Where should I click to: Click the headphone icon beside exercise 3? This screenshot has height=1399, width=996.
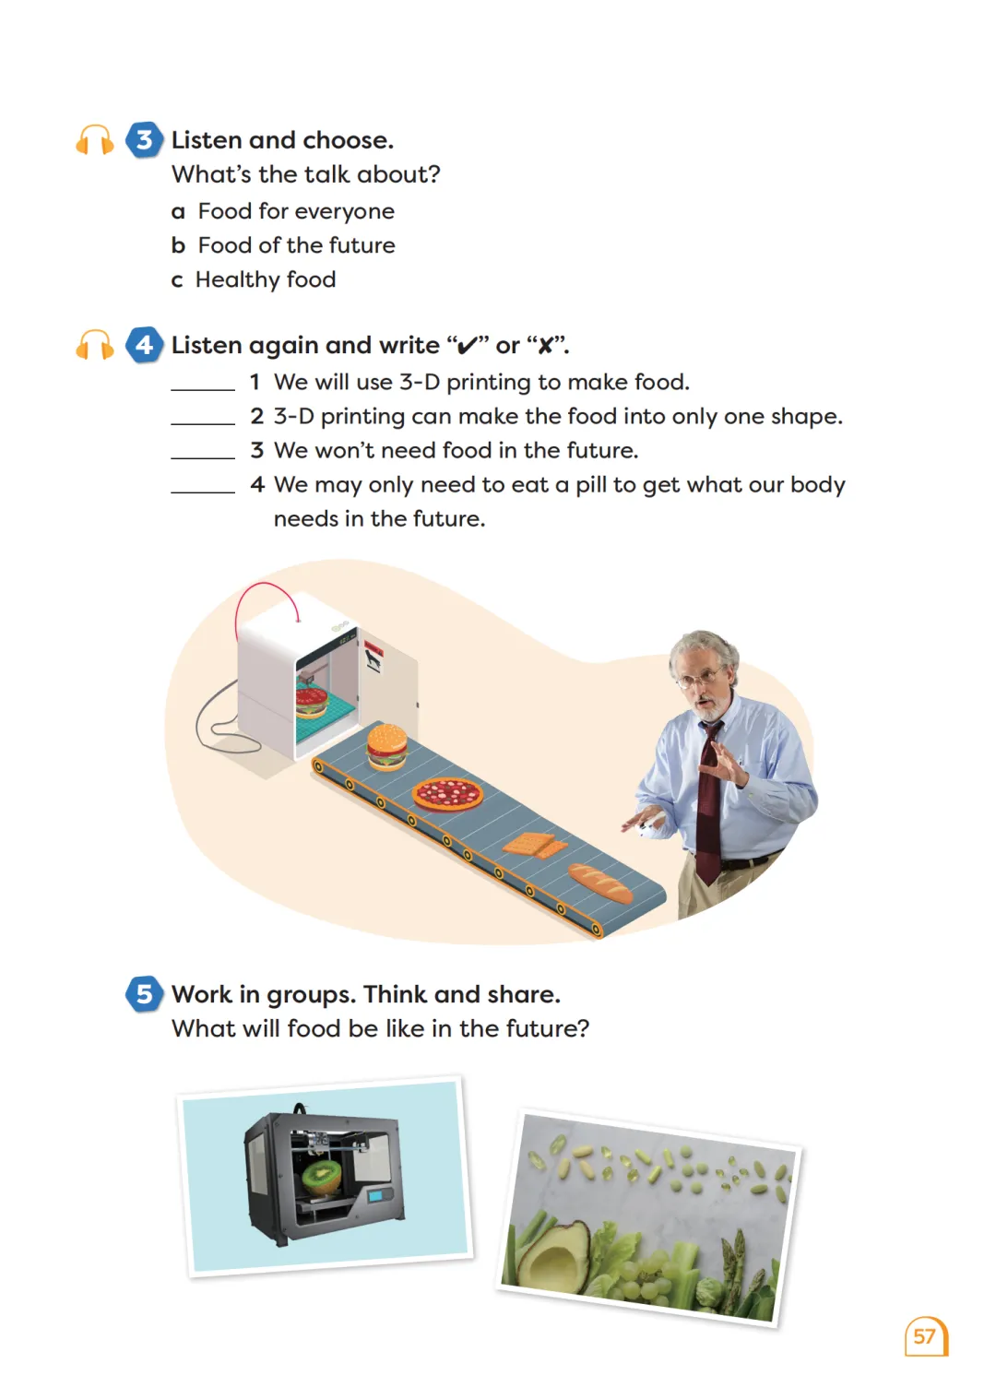pos(94,139)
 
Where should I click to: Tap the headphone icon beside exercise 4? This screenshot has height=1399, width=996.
pos(94,344)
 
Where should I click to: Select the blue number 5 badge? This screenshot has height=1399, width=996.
pos(144,993)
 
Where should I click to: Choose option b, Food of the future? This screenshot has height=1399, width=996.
pos(283,244)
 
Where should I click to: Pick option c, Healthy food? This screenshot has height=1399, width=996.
pos(254,279)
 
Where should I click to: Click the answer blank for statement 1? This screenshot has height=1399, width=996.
pos(203,390)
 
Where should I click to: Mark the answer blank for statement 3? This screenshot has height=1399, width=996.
pos(203,457)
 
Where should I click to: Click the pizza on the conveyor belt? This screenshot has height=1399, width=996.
pos(447,794)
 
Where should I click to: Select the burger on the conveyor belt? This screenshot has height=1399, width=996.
pos(386,746)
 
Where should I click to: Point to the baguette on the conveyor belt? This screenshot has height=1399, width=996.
pos(600,883)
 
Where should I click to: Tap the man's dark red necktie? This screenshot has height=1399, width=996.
pos(710,802)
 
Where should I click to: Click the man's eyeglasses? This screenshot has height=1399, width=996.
pos(701,677)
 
